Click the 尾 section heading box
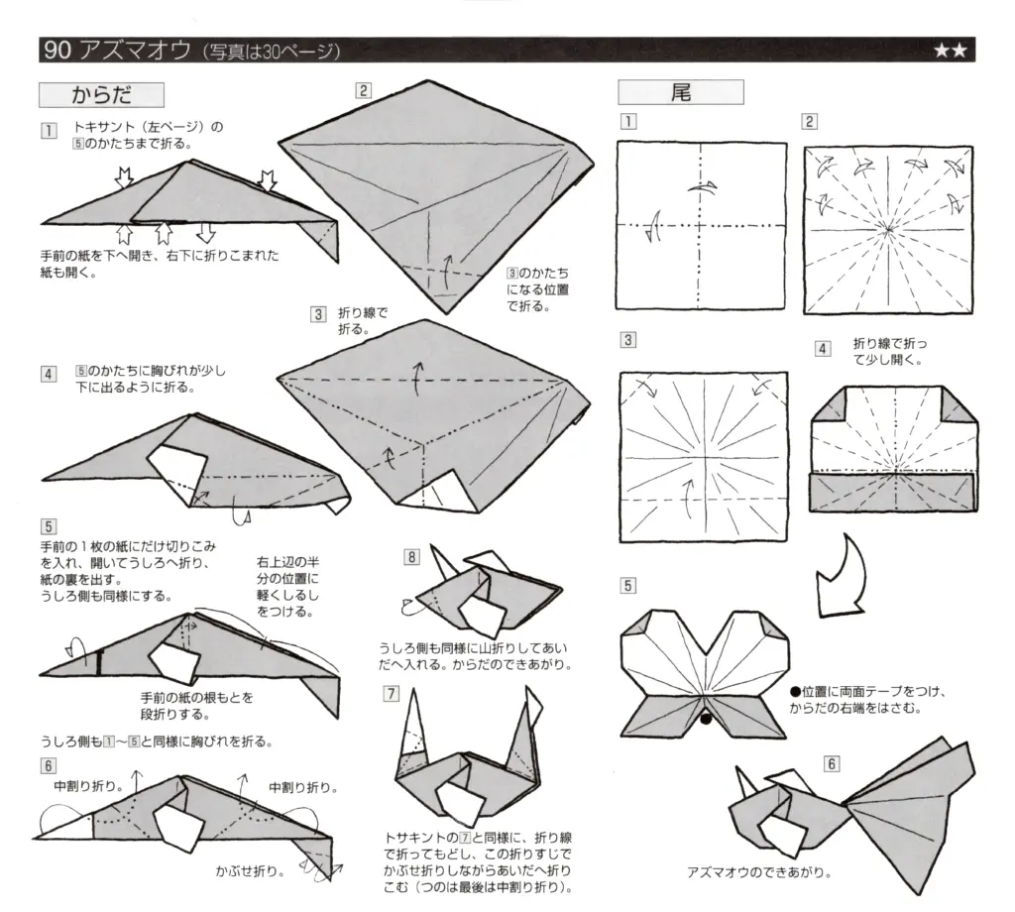pyautogui.click(x=680, y=93)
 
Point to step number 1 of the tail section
pyautogui.click(x=627, y=122)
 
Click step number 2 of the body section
pyautogui.click(x=364, y=91)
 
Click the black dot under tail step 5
pyautogui.click(x=705, y=720)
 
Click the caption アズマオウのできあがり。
pyautogui.click(x=758, y=873)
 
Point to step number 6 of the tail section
pyautogui.click(x=831, y=762)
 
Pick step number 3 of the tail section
pyautogui.click(x=627, y=340)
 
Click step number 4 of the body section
pyautogui.click(x=48, y=374)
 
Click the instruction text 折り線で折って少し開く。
pyautogui.click(x=890, y=352)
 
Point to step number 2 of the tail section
pyautogui.click(x=810, y=122)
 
